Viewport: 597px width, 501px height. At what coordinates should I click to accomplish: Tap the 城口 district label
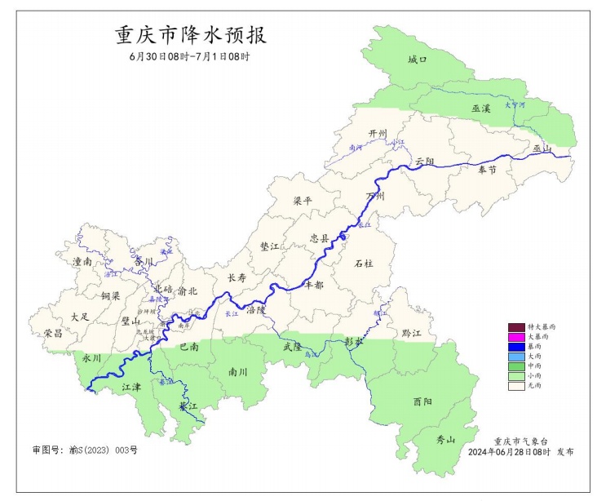click(417, 60)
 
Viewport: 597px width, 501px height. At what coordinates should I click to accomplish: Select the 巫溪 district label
click(480, 108)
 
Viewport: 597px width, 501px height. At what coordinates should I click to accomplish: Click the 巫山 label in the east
click(542, 148)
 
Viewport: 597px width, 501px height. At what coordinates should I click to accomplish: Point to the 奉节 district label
click(487, 169)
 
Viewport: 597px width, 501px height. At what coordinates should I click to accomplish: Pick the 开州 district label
click(378, 133)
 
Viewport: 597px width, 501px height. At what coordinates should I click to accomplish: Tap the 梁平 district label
click(303, 201)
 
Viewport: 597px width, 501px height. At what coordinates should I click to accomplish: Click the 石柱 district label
click(363, 264)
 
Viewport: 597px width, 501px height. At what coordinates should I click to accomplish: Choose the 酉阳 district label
click(422, 401)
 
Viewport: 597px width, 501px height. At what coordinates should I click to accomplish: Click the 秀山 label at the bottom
click(444, 440)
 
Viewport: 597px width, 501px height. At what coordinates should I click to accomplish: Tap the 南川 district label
click(237, 371)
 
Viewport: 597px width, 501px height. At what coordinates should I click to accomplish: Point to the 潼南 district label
click(82, 262)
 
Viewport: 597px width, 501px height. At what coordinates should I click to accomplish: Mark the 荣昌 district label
click(53, 333)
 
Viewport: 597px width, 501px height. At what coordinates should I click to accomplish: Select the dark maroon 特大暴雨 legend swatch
click(515, 327)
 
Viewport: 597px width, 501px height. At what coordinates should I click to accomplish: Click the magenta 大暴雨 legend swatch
click(515, 337)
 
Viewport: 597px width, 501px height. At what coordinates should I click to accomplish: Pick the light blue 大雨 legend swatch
click(515, 357)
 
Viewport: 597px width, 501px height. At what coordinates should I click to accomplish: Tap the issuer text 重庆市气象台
click(520, 440)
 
